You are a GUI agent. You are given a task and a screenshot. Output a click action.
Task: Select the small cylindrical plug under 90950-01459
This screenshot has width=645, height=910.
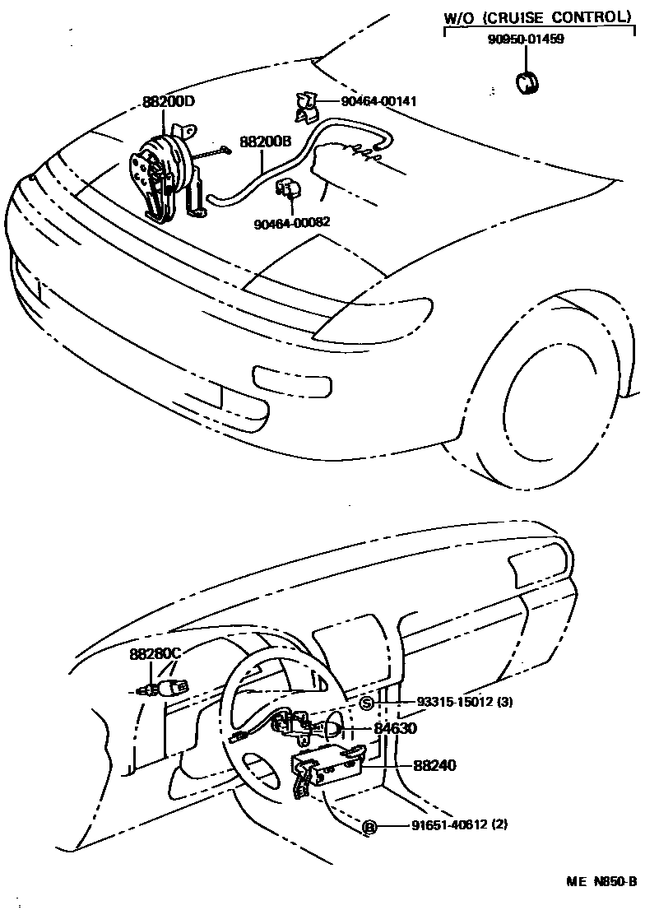[526, 83]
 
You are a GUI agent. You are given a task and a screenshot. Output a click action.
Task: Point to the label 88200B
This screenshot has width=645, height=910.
[266, 142]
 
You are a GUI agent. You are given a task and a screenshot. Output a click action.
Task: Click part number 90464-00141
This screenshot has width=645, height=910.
[379, 101]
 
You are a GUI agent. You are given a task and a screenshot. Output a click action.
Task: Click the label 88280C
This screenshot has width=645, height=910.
[155, 654]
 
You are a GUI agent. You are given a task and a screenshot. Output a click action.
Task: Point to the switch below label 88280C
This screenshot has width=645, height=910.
[165, 685]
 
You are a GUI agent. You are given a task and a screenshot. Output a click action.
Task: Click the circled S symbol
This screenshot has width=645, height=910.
[368, 702]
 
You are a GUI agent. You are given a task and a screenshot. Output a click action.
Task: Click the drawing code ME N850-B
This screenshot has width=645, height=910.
[601, 881]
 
